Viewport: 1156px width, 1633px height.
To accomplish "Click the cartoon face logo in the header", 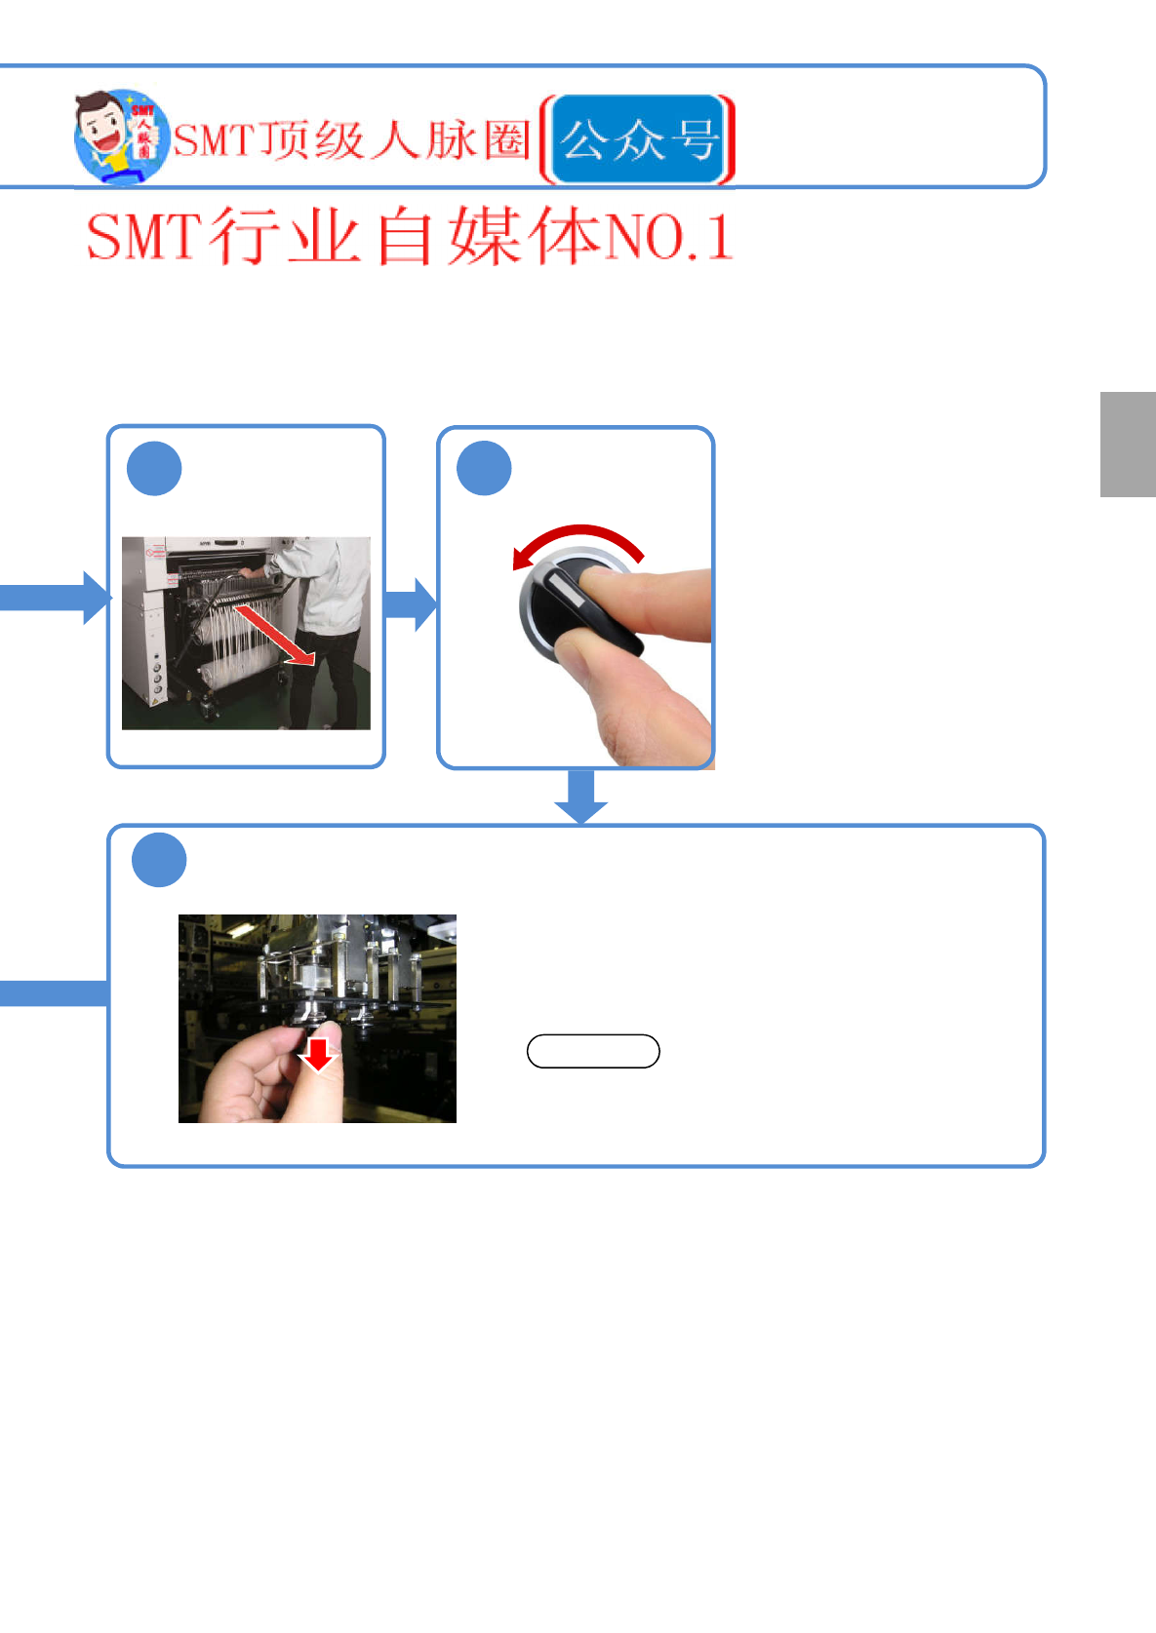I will (x=119, y=136).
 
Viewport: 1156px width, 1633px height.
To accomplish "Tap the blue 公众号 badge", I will (x=639, y=140).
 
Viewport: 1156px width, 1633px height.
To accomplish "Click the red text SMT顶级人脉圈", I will (x=351, y=140).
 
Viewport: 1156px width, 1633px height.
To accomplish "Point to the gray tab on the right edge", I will (x=1128, y=445).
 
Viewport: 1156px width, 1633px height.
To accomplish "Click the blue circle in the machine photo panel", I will (x=154, y=469).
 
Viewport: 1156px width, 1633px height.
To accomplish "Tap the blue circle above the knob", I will (x=484, y=469).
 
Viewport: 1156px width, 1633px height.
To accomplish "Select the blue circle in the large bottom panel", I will (x=159, y=860).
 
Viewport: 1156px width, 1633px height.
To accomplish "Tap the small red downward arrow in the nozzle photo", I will (x=317, y=1054).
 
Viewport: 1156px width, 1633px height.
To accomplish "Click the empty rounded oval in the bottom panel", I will (x=593, y=1051).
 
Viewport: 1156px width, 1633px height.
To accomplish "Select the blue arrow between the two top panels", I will (x=411, y=604).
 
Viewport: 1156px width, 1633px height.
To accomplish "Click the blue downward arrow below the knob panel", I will (x=581, y=796).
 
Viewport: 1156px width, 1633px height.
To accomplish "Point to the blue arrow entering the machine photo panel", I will (x=59, y=597).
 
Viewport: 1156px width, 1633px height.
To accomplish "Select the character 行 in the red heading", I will (x=243, y=237).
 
